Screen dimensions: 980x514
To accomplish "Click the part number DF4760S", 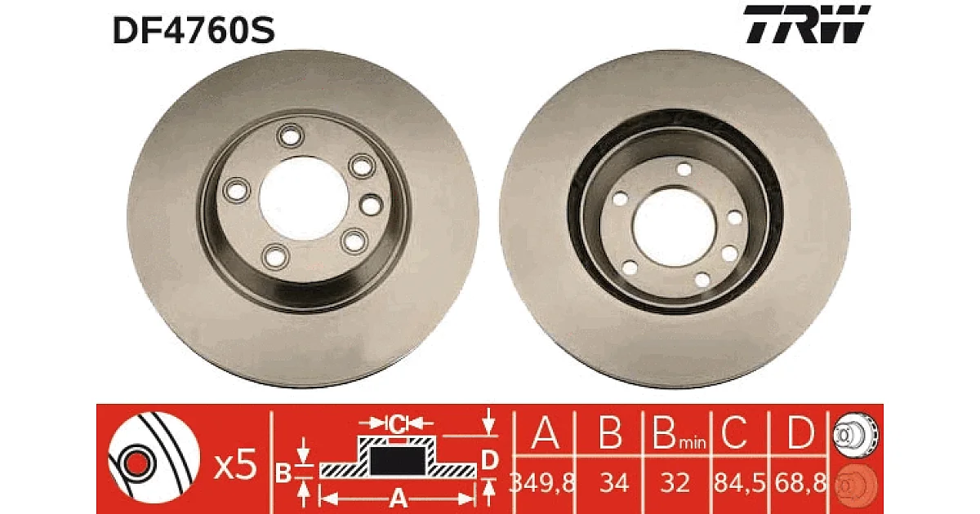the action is point(194,30).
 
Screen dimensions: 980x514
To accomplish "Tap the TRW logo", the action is point(807,24).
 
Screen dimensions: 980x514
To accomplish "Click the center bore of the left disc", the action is point(304,198).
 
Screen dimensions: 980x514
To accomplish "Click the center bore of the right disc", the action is point(675,227).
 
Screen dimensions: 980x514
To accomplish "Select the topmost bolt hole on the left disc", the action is point(291,136).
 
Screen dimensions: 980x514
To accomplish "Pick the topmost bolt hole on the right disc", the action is point(684,170).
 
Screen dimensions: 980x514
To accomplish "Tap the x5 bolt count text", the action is point(235,465).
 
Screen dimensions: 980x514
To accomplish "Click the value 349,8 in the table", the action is point(542,483).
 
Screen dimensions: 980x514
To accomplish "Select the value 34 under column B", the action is point(614,483).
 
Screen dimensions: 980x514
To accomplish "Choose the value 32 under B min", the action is point(675,483).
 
